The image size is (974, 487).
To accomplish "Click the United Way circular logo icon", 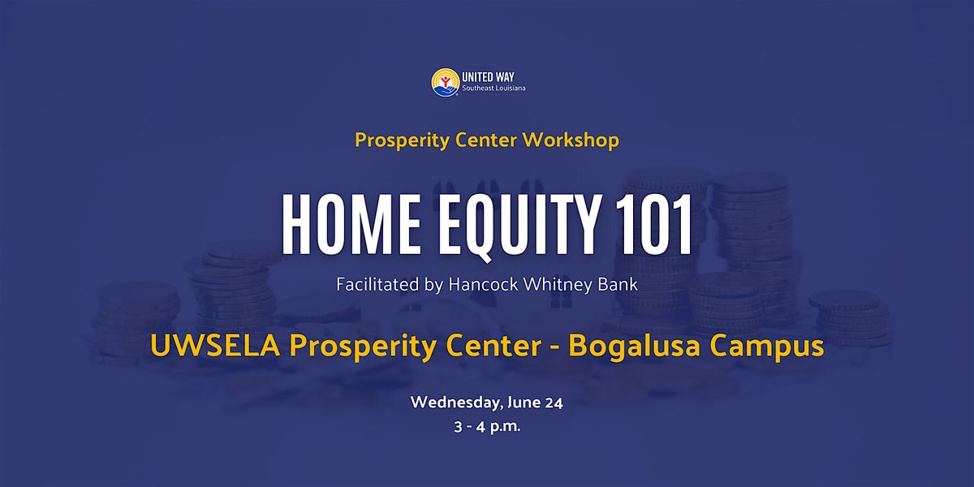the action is (446, 82).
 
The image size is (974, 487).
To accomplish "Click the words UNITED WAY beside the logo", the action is (488, 77).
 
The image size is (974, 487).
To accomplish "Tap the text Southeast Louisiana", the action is (493, 88).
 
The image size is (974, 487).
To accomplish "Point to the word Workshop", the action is (571, 140).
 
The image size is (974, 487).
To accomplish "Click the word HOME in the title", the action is (351, 224).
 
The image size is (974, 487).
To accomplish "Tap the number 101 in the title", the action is (653, 224).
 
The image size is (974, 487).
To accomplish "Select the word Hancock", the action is (483, 284).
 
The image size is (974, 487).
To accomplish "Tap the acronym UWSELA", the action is (215, 346).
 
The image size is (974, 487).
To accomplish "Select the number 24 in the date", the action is (554, 403).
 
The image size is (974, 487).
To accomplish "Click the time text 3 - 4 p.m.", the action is (487, 427).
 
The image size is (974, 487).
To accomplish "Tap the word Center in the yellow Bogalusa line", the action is (493, 346).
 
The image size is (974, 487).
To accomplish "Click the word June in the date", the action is (524, 403).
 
